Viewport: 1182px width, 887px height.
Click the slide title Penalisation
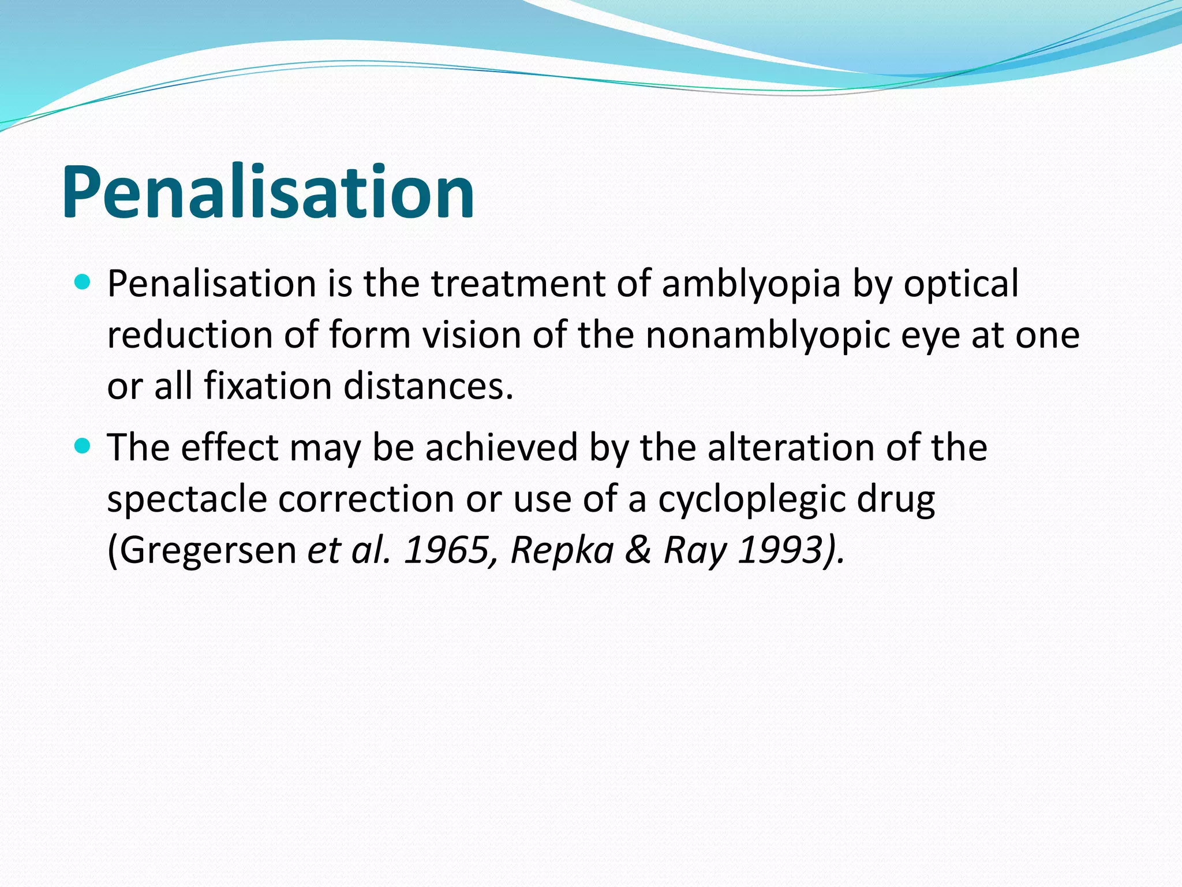click(268, 192)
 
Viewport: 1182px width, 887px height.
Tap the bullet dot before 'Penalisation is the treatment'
click(83, 282)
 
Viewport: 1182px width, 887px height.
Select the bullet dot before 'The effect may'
click(83, 446)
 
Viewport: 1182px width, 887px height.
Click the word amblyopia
click(750, 285)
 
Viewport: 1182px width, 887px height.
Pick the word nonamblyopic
click(768, 336)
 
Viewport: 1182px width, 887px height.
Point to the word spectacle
click(187, 499)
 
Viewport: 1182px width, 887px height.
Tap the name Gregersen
click(202, 550)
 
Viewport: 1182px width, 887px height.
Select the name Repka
click(562, 550)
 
